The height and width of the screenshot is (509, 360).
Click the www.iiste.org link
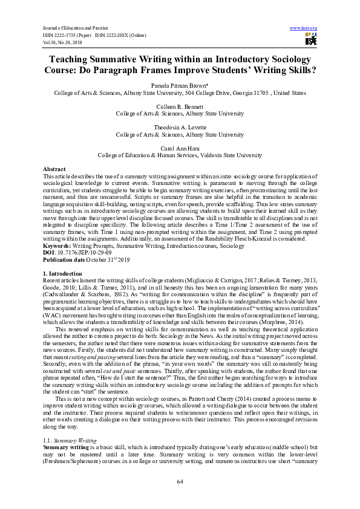pos(304,28)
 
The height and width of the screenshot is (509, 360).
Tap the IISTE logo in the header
pos(311,40)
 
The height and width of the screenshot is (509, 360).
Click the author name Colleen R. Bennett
pos(180,107)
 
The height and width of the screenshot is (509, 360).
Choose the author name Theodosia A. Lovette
pos(180,128)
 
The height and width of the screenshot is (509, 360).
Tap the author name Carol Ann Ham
pos(180,148)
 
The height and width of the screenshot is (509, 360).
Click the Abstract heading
pos(54,169)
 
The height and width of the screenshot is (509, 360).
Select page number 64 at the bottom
pos(180,481)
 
